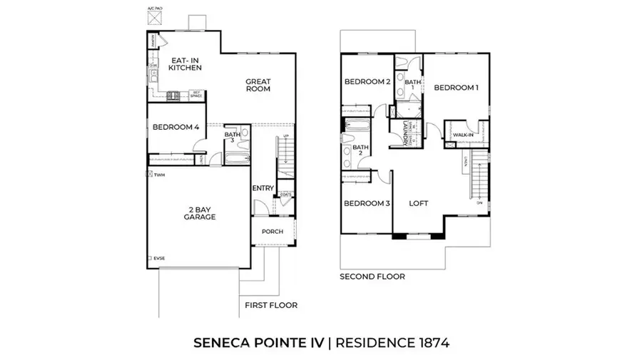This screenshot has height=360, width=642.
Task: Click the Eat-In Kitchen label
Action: [185, 63]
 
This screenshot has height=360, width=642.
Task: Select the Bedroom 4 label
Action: [175, 127]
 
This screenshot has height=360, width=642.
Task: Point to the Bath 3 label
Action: [232, 138]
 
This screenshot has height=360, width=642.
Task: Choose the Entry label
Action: [263, 188]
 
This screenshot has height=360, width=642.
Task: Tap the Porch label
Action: [272, 231]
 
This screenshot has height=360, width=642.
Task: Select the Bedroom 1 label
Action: [456, 88]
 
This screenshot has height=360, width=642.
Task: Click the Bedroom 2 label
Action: [367, 81]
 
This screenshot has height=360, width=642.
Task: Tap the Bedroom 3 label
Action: [367, 204]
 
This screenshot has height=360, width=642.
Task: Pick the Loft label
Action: [419, 204]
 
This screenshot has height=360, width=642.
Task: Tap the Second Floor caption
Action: [372, 276]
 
